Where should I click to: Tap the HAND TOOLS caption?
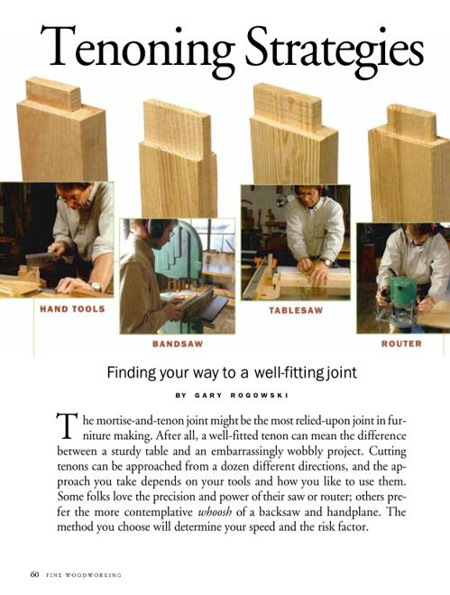coord(72,309)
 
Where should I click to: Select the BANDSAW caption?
coord(178,343)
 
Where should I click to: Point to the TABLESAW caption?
coord(296,310)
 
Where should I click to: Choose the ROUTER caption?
coord(401,343)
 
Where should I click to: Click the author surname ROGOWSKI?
coord(259,395)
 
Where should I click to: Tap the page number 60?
coord(34,574)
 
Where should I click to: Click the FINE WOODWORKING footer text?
coord(84,575)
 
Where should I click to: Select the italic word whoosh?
coord(215,512)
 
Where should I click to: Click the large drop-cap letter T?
coord(65,426)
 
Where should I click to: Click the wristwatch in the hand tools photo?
coord(95,286)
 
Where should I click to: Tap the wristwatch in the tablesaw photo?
coord(326,261)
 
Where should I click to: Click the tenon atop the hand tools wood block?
coord(53,94)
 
